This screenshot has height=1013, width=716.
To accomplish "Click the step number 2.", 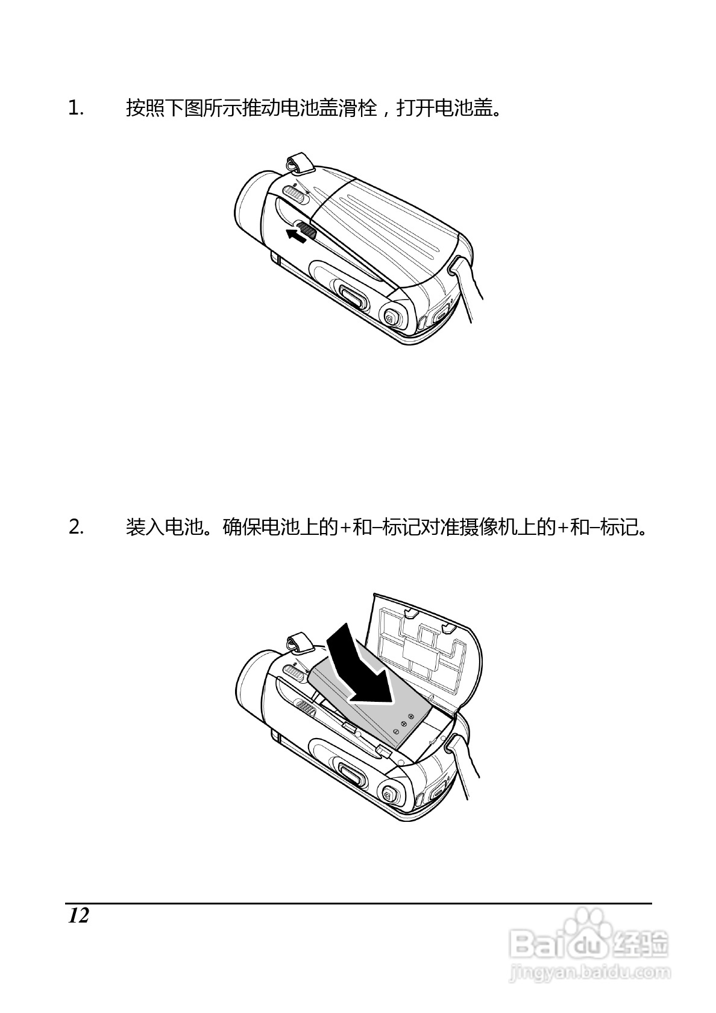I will (x=76, y=528).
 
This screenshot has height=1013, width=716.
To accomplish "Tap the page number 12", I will (x=78, y=915).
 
